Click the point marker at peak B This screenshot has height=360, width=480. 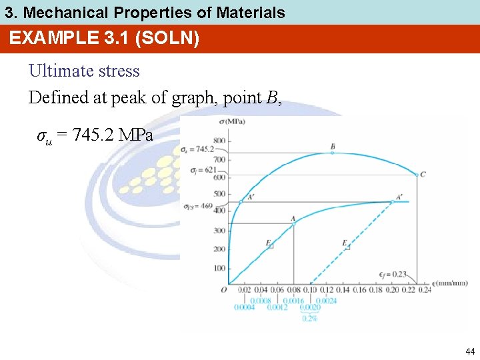[333, 153]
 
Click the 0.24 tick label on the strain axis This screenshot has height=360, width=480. [424, 290]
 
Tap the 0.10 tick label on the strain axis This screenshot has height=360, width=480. [311, 290]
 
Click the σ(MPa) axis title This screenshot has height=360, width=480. [232, 121]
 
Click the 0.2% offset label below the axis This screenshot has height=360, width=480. [310, 319]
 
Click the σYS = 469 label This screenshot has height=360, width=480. [198, 207]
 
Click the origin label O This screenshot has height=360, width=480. [223, 289]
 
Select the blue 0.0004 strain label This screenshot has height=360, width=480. [245, 307]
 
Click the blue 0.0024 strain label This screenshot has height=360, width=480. [327, 300]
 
